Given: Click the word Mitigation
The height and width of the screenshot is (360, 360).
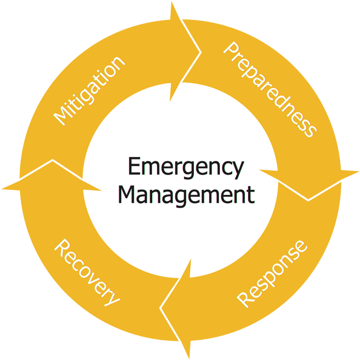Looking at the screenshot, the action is pos(89,91).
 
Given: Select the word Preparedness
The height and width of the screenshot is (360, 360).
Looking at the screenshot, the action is pos(270,90).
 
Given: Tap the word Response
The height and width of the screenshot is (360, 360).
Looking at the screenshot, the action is pos(272,274).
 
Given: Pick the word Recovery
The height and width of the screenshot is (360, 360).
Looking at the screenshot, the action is pos(87,273).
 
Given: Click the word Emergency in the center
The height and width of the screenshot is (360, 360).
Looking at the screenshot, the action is pos(185,167).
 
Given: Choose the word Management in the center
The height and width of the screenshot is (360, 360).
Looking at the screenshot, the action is pos(187,195).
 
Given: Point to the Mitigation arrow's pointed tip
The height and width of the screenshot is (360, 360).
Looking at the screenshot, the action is pos(201,52).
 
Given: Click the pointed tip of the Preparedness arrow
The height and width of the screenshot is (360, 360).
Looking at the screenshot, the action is pos(308,201).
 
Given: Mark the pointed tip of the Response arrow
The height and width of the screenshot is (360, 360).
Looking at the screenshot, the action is pos(160,308).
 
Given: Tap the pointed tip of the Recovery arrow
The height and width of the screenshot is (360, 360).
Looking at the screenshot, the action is pos(53,160).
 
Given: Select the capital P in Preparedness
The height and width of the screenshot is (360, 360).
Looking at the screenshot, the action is pos(232,51).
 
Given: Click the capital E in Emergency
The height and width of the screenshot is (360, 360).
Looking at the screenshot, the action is pos(135,166).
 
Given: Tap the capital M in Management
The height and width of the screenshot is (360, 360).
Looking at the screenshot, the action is pos(126,194).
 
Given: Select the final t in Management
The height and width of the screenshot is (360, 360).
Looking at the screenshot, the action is pos(252,195).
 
